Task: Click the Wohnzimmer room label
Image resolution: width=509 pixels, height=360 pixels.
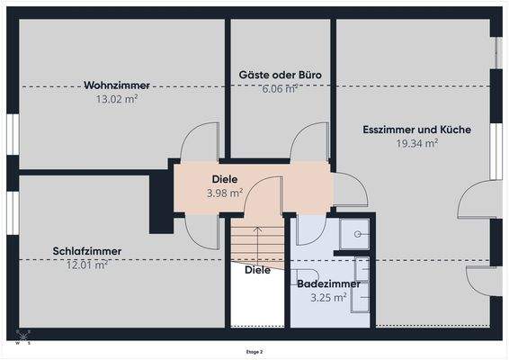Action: coord(117,85)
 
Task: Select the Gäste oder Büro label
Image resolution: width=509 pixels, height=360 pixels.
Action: coord(281,75)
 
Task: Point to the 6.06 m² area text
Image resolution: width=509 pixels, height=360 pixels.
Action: coord(281,88)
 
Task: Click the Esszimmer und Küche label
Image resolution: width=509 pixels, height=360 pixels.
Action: coord(416,130)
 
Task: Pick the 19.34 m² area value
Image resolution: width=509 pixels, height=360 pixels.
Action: coord(416,142)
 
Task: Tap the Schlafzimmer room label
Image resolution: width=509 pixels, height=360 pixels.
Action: coord(87,251)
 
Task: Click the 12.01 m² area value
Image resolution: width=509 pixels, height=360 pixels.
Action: coord(87,265)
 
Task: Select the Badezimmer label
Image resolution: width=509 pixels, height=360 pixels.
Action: coord(328,283)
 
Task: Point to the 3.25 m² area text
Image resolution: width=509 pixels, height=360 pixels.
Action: coord(328,297)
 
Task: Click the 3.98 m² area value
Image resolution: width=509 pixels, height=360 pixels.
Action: coord(224,193)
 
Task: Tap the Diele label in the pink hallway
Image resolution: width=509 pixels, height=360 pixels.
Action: coord(224,179)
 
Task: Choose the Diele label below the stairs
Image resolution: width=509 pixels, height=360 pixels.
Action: coord(257,269)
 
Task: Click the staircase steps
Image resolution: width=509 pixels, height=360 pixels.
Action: coord(256,241)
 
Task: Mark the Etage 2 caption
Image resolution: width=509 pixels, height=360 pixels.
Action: coord(254,352)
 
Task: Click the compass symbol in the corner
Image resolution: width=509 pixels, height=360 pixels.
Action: coord(22,338)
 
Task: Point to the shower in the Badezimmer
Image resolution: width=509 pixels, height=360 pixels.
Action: coord(358,234)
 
